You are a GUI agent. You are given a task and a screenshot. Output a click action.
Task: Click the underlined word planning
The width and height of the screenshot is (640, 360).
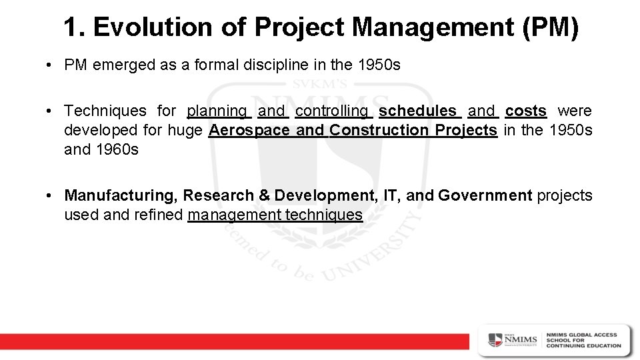(x=217, y=111)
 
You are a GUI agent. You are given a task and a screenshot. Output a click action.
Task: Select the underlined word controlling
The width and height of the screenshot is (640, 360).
(x=332, y=111)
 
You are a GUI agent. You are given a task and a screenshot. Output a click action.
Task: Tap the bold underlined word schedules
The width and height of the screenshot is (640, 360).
(x=417, y=111)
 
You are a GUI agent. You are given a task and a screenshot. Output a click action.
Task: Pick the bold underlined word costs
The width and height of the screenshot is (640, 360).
(x=526, y=111)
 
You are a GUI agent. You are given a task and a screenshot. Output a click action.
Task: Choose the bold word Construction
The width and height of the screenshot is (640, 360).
(x=379, y=130)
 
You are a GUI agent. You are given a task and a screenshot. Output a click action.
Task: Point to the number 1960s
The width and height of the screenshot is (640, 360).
(x=120, y=149)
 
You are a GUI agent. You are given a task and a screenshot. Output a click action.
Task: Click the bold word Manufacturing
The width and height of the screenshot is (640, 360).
(x=121, y=196)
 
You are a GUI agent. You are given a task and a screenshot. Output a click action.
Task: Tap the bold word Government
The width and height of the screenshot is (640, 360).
(x=485, y=196)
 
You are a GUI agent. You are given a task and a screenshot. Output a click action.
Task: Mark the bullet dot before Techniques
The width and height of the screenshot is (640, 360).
(x=50, y=111)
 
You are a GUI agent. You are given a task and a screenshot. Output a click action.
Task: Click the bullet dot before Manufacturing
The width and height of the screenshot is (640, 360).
(x=50, y=196)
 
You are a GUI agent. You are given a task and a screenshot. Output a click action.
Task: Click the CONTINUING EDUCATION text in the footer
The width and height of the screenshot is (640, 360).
(x=583, y=346)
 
